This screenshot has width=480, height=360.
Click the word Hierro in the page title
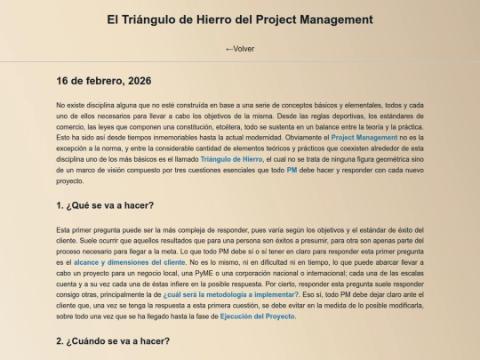(222, 19)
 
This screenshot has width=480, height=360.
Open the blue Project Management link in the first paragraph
(364, 137)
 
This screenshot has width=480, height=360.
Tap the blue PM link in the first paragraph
(292, 169)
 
